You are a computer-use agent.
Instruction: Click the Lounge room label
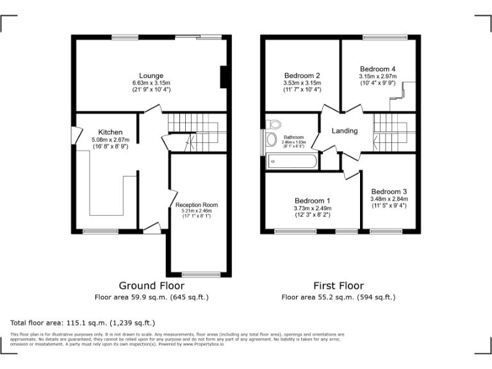click(x=151, y=76)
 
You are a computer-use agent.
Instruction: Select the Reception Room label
click(x=197, y=205)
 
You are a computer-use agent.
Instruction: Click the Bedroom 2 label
click(x=302, y=76)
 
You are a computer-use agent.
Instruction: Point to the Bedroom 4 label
click(x=377, y=69)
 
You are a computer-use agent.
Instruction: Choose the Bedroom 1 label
click(x=313, y=200)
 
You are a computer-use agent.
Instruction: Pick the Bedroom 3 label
click(x=389, y=192)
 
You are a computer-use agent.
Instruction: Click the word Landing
click(x=345, y=131)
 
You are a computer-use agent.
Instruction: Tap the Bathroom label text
click(x=294, y=137)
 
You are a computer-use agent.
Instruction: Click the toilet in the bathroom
click(x=275, y=124)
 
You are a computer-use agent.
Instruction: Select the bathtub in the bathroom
click(x=292, y=161)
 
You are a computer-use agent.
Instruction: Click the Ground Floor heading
click(x=152, y=286)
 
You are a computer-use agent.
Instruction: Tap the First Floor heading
click(x=338, y=286)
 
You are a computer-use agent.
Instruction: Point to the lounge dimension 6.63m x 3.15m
click(x=151, y=83)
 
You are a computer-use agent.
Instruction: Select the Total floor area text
click(x=83, y=322)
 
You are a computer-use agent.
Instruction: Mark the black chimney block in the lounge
click(x=224, y=77)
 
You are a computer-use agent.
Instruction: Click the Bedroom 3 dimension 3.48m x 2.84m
click(x=389, y=199)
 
